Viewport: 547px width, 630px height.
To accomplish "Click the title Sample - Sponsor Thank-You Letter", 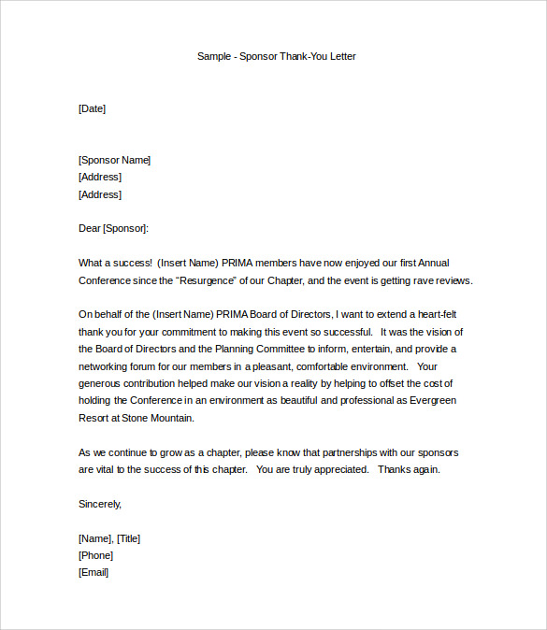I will point(276,56).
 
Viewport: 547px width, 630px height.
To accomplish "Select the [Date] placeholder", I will point(92,108).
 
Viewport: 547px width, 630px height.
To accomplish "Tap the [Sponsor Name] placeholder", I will point(114,160).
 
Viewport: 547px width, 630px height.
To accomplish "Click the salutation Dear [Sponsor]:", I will point(113,228).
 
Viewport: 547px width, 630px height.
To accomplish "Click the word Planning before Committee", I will point(220,350).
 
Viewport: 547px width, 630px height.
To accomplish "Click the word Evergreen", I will point(425,401).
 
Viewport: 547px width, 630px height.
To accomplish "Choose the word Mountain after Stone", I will point(171,418).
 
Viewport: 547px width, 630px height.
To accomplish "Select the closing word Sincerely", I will point(99,504).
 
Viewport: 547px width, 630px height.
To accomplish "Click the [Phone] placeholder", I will point(95,555).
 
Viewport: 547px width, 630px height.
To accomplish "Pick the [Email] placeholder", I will point(94,572).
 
